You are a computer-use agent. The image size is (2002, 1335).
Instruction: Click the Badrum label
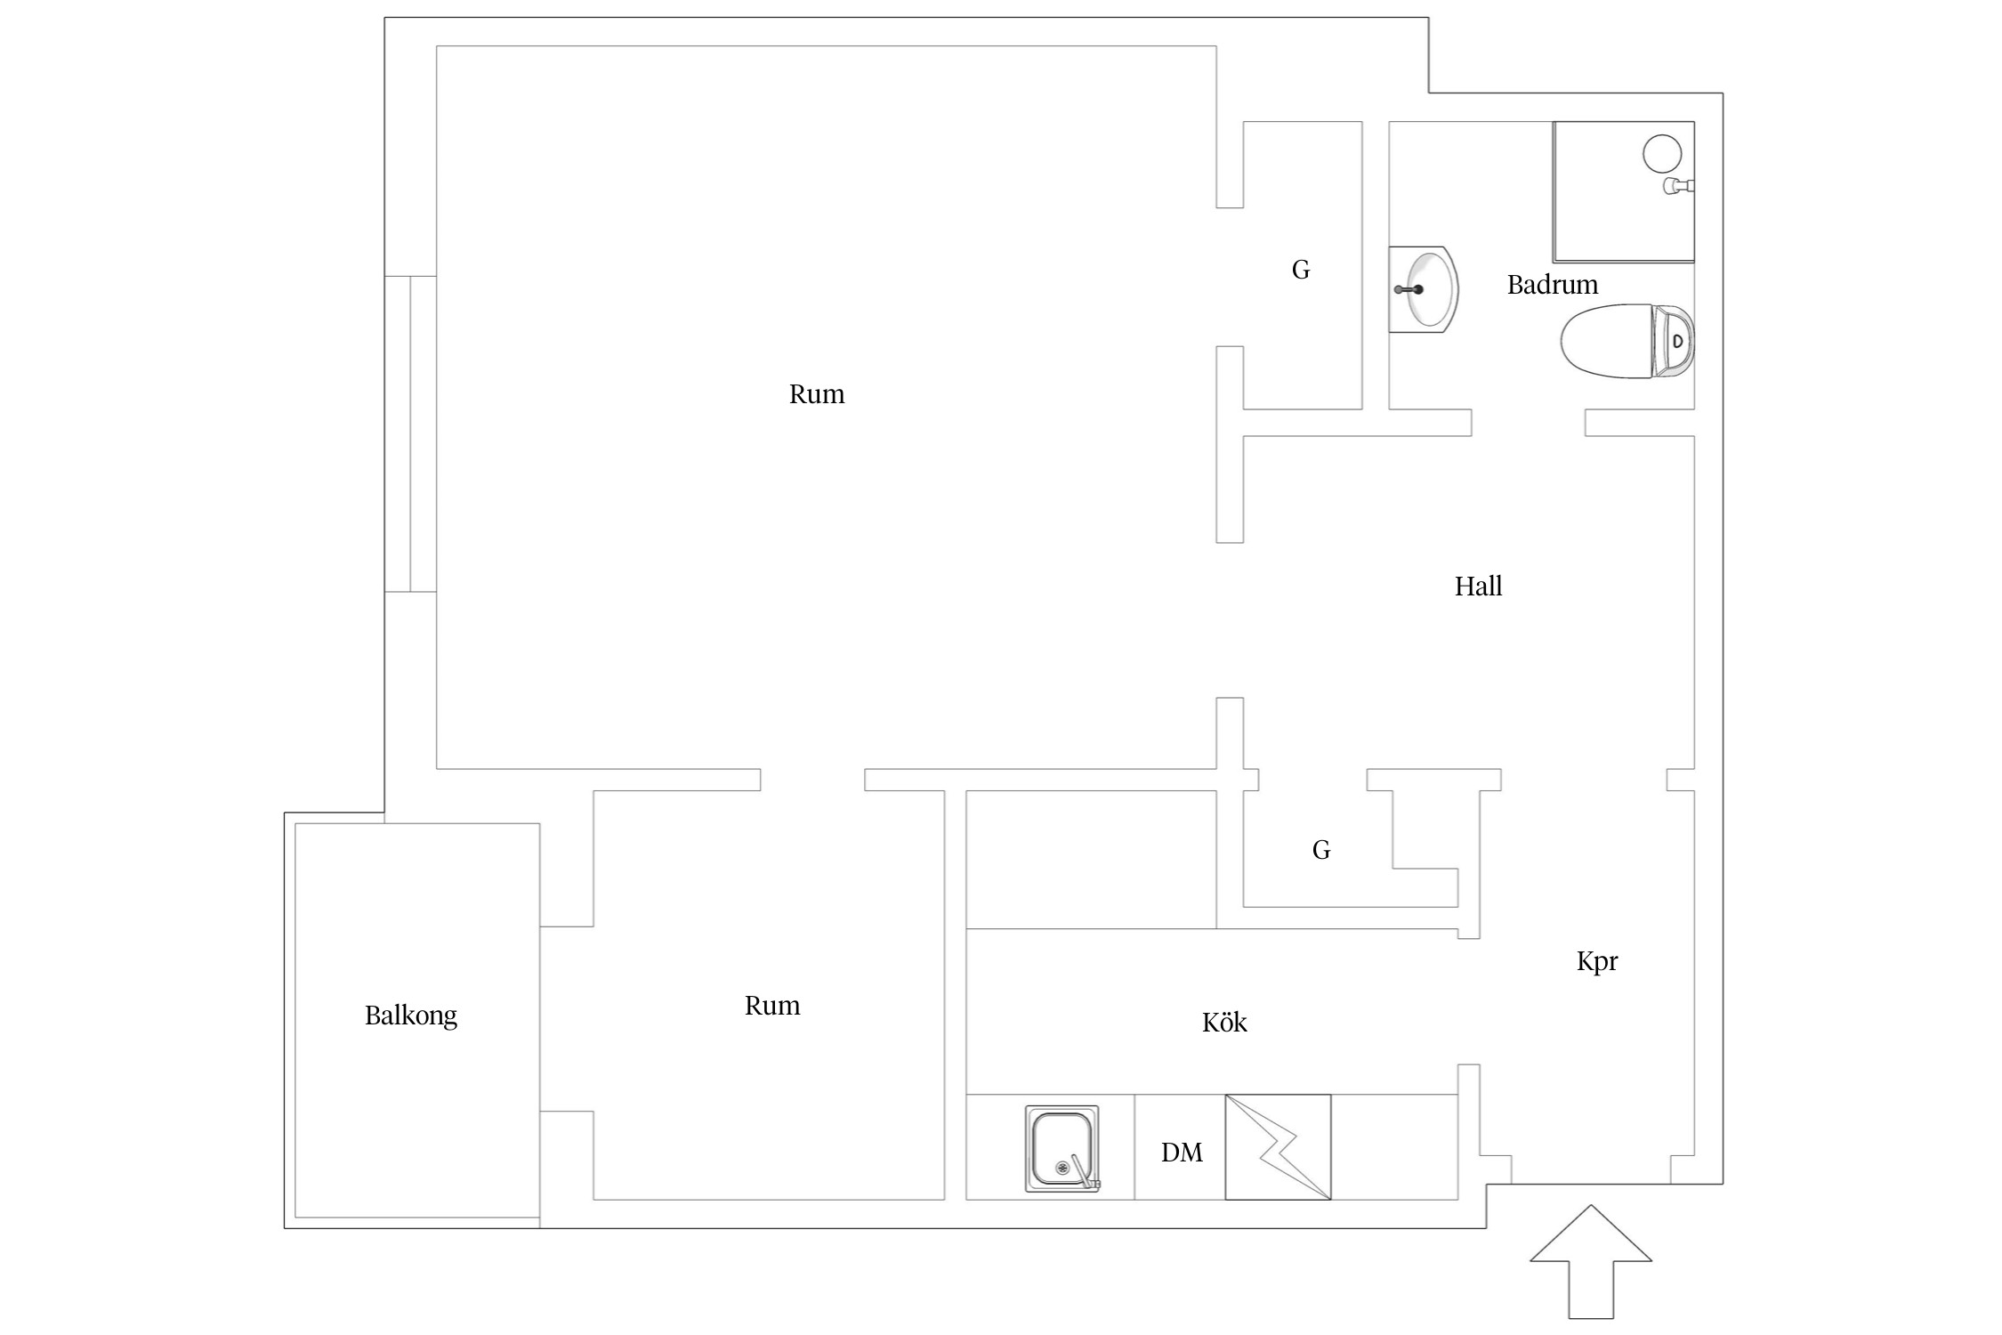coord(1552,285)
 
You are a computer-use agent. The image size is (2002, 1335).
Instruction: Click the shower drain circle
coord(1661,153)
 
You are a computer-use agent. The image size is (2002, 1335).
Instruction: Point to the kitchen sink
coord(1061,1148)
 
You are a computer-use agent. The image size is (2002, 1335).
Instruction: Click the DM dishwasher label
coord(1181,1153)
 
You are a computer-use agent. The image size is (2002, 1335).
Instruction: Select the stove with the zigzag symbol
coord(1278,1147)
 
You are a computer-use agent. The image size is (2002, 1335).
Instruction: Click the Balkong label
coord(410,1015)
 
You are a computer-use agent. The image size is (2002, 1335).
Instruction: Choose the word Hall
coord(1478,587)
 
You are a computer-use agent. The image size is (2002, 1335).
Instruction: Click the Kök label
coord(1223,1023)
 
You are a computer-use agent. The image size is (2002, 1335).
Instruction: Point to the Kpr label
coord(1596,961)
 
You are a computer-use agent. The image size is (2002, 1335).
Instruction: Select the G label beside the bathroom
coord(1300,270)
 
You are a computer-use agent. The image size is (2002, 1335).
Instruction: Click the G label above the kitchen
coord(1320,850)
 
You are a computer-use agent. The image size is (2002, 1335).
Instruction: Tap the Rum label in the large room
coord(816,394)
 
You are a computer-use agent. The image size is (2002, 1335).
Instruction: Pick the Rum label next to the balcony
coord(771,1006)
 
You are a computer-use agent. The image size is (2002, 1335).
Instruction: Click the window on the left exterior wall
coord(410,433)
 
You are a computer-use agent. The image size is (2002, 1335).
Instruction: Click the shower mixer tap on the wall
coord(1678,186)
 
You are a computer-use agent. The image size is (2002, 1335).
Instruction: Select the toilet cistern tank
coord(1674,341)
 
